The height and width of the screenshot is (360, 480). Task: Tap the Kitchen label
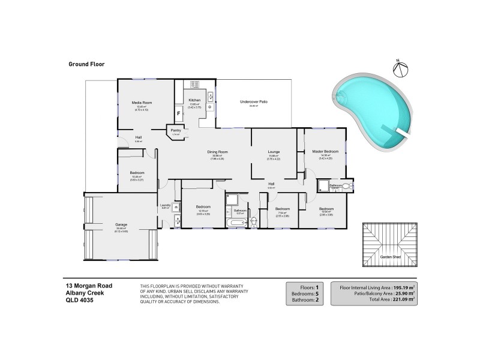(x=194, y=100)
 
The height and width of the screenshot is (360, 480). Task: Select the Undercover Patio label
(x=253, y=102)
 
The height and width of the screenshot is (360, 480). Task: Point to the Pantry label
(x=176, y=130)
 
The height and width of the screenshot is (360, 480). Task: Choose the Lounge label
(x=274, y=152)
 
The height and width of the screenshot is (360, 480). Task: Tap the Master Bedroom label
(x=326, y=151)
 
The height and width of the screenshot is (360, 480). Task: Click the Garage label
(x=121, y=224)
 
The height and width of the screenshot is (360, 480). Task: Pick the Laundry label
(x=166, y=205)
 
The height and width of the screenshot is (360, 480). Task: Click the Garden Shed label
(x=391, y=257)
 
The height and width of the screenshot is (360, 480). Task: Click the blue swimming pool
(x=372, y=111)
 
